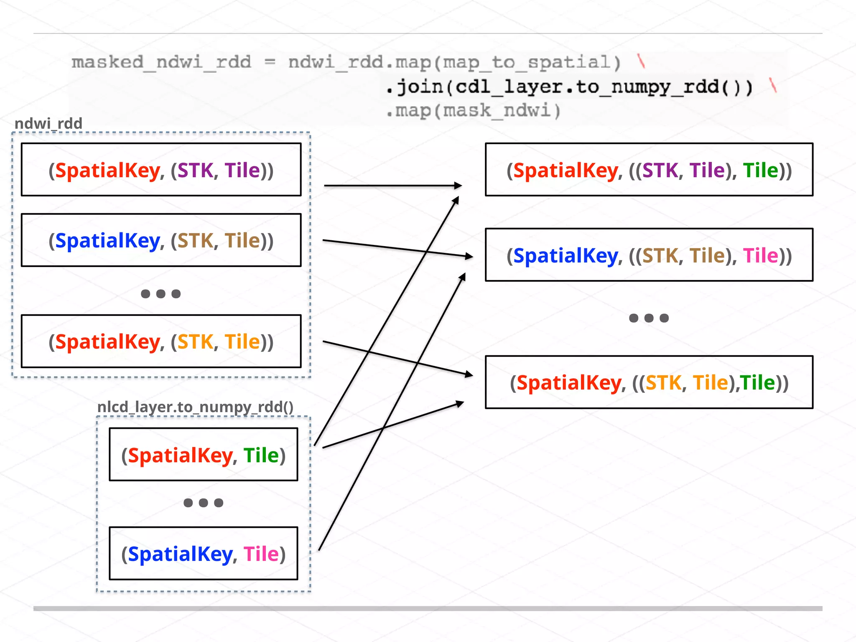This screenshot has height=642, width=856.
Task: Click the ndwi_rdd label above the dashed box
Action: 48,124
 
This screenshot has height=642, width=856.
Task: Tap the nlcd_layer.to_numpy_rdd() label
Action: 195,407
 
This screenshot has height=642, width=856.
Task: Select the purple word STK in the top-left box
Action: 195,171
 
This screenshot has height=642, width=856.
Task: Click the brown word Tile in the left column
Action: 242,241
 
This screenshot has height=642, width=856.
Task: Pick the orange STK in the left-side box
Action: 195,342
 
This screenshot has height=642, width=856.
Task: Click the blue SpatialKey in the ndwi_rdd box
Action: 107,241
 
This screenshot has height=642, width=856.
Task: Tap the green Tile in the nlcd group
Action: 261,455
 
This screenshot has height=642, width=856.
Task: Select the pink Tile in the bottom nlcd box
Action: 261,554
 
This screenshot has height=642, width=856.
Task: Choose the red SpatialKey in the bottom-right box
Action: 569,382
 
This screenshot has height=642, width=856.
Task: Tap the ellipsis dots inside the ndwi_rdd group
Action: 160,294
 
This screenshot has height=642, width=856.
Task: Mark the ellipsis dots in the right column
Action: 649,318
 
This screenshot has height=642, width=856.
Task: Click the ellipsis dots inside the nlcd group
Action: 203,502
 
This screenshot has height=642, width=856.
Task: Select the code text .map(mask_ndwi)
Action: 473,111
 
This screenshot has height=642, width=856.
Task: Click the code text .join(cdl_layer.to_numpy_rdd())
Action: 568,87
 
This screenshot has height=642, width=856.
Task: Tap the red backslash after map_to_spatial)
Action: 641,61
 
